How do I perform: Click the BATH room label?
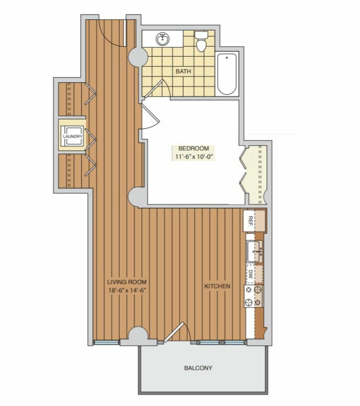click(x=183, y=71)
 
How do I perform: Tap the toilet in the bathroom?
click(x=201, y=41)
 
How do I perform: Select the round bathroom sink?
click(x=163, y=39)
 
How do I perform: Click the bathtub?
click(x=227, y=74)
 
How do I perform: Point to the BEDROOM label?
click(x=194, y=148)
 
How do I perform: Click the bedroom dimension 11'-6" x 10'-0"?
click(x=194, y=157)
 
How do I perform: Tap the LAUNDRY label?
click(x=73, y=136)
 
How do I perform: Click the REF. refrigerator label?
click(x=250, y=222)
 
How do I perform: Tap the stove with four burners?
click(x=254, y=296)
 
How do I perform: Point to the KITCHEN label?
click(x=217, y=286)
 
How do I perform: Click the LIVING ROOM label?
click(x=127, y=282)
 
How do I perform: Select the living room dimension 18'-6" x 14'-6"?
click(x=127, y=290)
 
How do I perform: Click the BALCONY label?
click(x=198, y=368)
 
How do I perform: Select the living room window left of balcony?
click(x=106, y=342)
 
